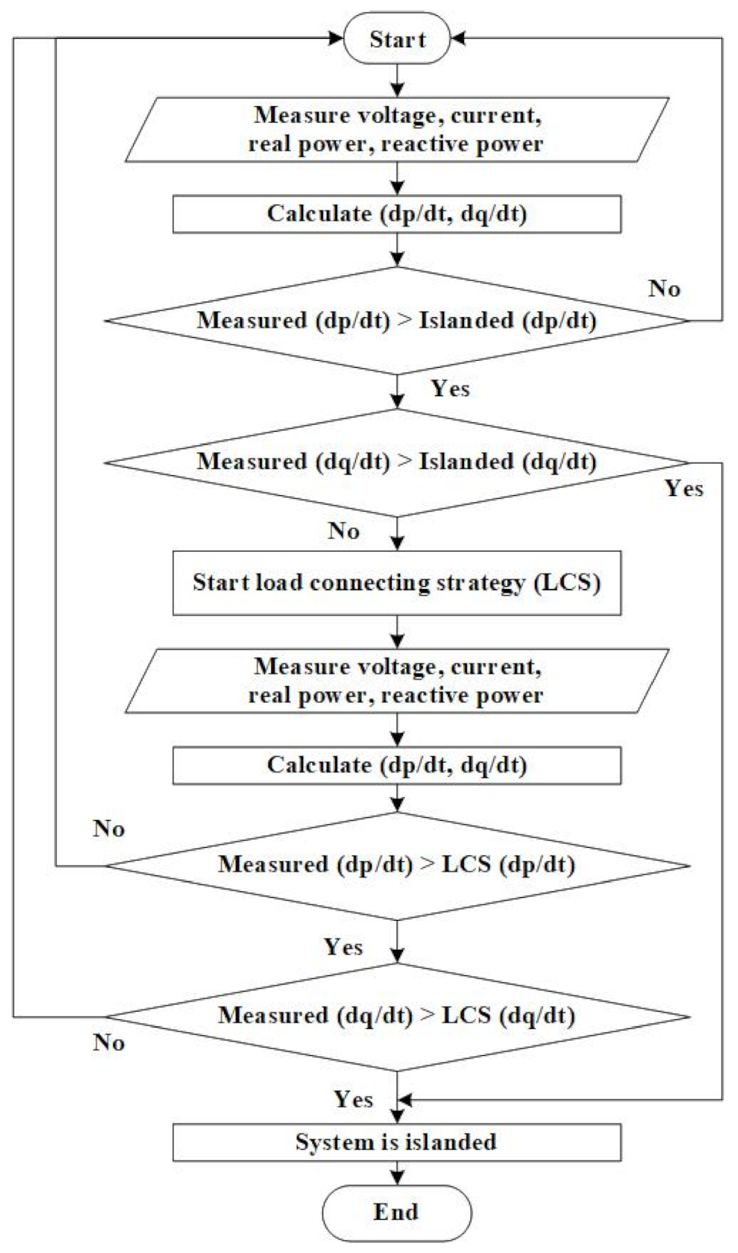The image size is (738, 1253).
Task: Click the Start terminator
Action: [x=397, y=39]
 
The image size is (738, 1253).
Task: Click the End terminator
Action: [x=397, y=1213]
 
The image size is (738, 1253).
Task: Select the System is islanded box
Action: [x=397, y=1142]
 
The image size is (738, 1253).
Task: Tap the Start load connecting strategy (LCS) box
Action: [x=397, y=583]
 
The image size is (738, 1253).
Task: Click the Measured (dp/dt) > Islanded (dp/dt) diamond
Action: [x=397, y=321]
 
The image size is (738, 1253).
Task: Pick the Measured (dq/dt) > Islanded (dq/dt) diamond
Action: [x=397, y=462]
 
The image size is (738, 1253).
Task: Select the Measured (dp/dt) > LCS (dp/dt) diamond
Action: [x=397, y=865]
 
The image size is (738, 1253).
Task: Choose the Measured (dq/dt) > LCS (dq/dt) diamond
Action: [x=397, y=1016]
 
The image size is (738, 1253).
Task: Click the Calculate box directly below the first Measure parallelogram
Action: [x=397, y=214]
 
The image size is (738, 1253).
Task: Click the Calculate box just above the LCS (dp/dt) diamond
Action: [x=397, y=765]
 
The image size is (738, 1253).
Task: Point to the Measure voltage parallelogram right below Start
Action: [x=397, y=130]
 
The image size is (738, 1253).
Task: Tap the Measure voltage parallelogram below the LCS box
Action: [x=397, y=681]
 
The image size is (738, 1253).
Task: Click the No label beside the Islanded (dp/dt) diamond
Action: [x=664, y=289]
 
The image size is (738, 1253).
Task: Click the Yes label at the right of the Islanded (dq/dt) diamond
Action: [x=684, y=488]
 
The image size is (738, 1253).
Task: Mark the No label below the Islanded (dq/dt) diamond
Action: [x=344, y=531]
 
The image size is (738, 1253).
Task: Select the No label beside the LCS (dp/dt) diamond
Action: [x=109, y=828]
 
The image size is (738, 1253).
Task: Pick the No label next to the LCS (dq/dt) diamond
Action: [x=109, y=1043]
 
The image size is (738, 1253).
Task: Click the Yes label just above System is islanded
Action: [x=354, y=1100]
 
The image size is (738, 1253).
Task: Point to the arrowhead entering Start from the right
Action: [x=458, y=39]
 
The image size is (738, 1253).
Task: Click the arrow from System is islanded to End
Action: [x=397, y=1174]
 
